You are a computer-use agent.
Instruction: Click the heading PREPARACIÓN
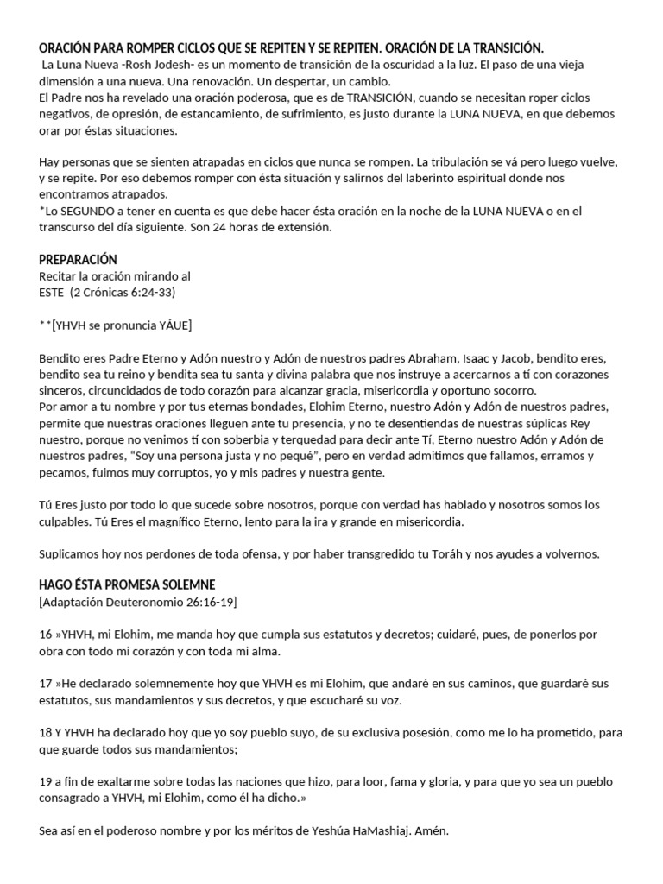pos(78,260)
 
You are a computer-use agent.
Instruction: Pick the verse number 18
pos(47,733)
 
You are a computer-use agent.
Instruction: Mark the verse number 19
pos(47,781)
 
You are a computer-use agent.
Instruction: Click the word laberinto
pos(414,179)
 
